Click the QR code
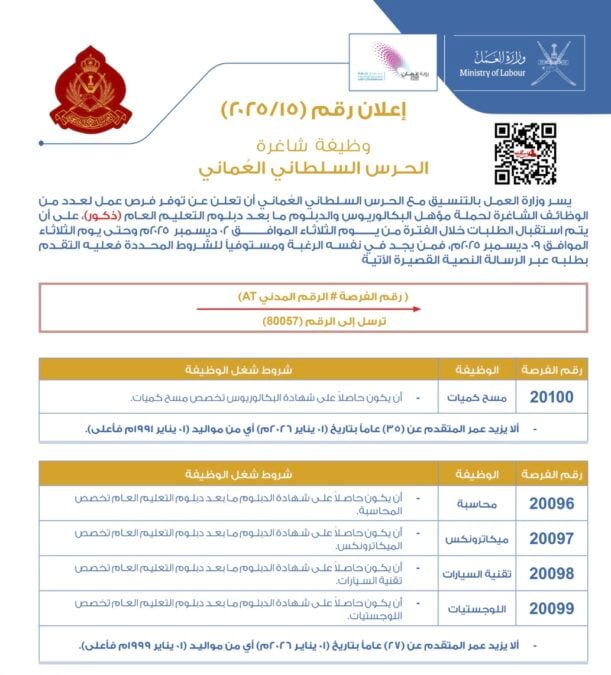pos(525,153)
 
